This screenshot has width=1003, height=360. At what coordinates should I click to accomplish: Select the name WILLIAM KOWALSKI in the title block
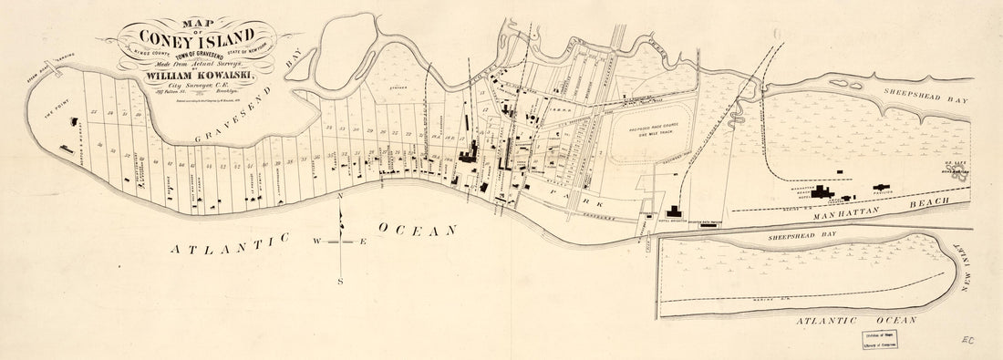click(199, 76)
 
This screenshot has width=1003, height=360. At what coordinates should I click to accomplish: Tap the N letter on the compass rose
click(340, 197)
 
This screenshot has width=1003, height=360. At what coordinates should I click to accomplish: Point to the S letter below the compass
click(340, 282)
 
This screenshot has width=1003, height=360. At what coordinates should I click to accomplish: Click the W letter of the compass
click(317, 242)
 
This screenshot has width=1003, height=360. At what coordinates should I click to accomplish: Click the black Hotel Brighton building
click(675, 212)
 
